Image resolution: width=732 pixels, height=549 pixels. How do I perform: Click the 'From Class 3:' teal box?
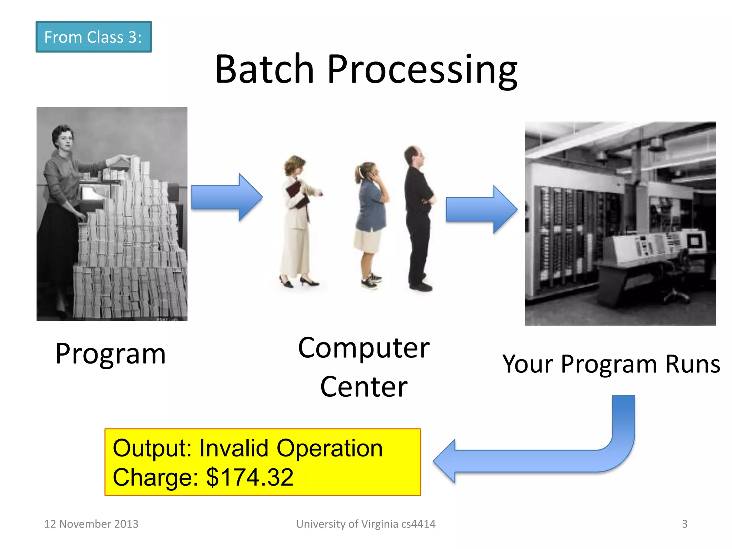pyautogui.click(x=93, y=37)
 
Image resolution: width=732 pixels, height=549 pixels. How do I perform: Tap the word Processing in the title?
pyautogui.click(x=422, y=70)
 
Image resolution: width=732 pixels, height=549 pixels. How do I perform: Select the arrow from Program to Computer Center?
pyautogui.click(x=227, y=197)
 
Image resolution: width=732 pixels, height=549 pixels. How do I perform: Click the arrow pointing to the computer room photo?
pyautogui.click(x=481, y=209)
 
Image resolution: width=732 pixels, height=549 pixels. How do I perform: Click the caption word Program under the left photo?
pyautogui.click(x=110, y=354)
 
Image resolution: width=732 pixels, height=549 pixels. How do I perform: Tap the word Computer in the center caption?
pyautogui.click(x=363, y=348)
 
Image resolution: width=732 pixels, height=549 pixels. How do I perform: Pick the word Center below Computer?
pyautogui.click(x=363, y=387)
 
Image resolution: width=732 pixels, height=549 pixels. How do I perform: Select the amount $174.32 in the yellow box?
pyautogui.click(x=250, y=477)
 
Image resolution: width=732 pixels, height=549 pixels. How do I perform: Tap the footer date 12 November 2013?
pyautogui.click(x=91, y=524)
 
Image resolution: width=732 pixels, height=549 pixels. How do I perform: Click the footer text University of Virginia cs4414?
pyautogui.click(x=366, y=524)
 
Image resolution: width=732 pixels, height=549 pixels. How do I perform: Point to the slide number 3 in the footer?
pyautogui.click(x=684, y=524)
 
